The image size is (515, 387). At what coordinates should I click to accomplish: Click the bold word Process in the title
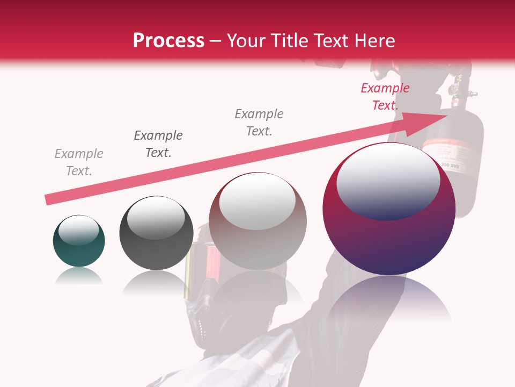click(168, 40)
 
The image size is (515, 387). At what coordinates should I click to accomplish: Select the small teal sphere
click(79, 241)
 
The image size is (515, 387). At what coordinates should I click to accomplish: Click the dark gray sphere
click(156, 233)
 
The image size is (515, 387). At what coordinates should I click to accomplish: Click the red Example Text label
click(385, 97)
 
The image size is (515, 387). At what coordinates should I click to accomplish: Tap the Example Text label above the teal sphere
click(79, 162)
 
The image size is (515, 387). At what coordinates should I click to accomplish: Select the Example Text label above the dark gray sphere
click(158, 144)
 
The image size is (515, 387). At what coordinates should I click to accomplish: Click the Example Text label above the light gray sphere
click(259, 122)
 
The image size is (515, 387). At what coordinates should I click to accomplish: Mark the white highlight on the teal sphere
click(78, 230)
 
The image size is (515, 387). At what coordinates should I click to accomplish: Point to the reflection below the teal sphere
click(79, 276)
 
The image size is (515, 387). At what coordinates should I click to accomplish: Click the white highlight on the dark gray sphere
click(156, 217)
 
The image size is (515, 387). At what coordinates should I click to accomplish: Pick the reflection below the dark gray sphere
click(156, 282)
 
